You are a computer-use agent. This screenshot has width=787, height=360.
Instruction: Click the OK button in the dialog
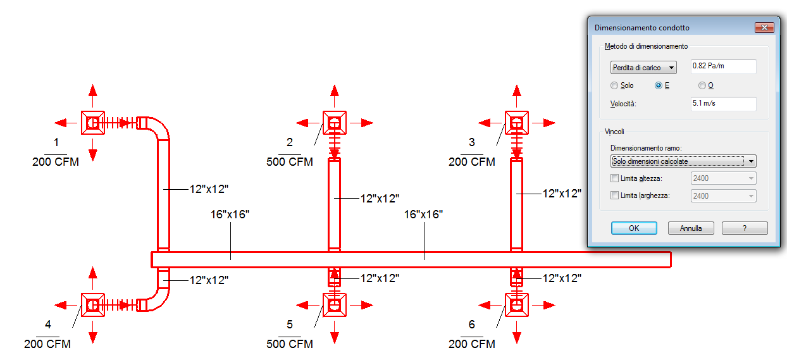(634, 228)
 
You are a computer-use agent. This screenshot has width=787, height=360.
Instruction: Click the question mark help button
(745, 228)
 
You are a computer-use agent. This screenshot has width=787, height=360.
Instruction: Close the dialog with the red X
(764, 28)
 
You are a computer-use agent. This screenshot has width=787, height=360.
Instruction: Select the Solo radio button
(614, 85)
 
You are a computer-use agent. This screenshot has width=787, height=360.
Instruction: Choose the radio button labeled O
(702, 85)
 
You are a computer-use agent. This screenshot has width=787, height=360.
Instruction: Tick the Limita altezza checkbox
(614, 178)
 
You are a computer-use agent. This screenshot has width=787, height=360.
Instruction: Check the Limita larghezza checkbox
(614, 196)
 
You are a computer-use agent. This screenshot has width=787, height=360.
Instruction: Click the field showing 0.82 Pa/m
(724, 66)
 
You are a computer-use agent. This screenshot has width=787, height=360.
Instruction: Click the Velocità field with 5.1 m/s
(724, 104)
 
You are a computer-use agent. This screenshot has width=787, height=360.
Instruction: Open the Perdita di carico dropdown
(643, 67)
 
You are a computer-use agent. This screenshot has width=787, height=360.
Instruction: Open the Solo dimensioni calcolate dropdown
(683, 161)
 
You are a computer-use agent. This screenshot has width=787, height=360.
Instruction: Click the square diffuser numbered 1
(93, 122)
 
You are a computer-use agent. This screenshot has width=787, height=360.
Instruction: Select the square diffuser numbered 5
(335, 305)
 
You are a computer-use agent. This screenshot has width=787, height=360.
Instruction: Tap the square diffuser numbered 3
(517, 123)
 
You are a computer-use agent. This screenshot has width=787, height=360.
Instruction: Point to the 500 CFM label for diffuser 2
(290, 162)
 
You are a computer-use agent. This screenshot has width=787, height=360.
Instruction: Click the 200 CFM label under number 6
(472, 344)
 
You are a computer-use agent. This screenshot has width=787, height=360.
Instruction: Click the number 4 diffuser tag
(48, 325)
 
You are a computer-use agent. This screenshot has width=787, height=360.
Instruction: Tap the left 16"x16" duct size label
(230, 214)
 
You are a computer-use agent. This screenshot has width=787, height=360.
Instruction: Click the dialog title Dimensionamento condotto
(642, 28)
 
